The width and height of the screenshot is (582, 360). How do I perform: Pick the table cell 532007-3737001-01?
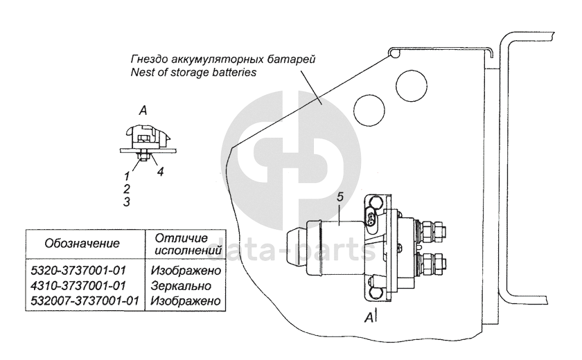click(84, 301)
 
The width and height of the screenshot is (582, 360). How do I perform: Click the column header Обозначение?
click(82, 244)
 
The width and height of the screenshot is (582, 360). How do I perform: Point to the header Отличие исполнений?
click(184, 243)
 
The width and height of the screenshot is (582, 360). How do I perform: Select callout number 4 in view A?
click(160, 171)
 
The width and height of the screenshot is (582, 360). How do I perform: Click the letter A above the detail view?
click(141, 110)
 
